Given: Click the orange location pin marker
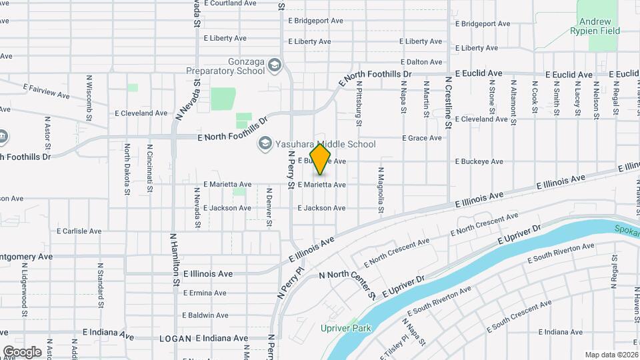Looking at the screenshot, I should (x=321, y=159).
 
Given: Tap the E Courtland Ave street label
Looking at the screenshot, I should (x=230, y=3).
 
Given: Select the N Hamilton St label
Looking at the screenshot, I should (x=175, y=261).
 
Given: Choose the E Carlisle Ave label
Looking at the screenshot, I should (x=79, y=231).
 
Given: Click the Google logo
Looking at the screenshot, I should (x=22, y=351).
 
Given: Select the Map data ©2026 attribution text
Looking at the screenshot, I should (x=611, y=355).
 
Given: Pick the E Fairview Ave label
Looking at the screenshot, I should (x=46, y=91).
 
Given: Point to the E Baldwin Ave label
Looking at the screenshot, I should (x=204, y=315).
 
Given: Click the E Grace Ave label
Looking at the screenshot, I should (x=421, y=138).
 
